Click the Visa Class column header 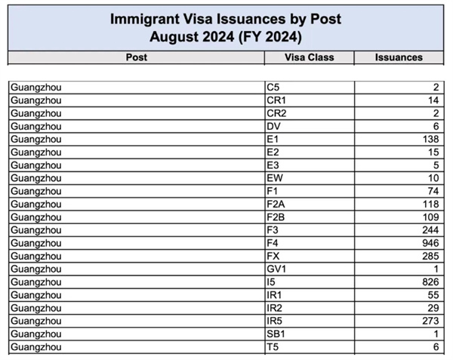pyautogui.click(x=310, y=57)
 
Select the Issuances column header pyautogui.click(x=399, y=57)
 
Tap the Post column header pyautogui.click(x=137, y=57)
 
